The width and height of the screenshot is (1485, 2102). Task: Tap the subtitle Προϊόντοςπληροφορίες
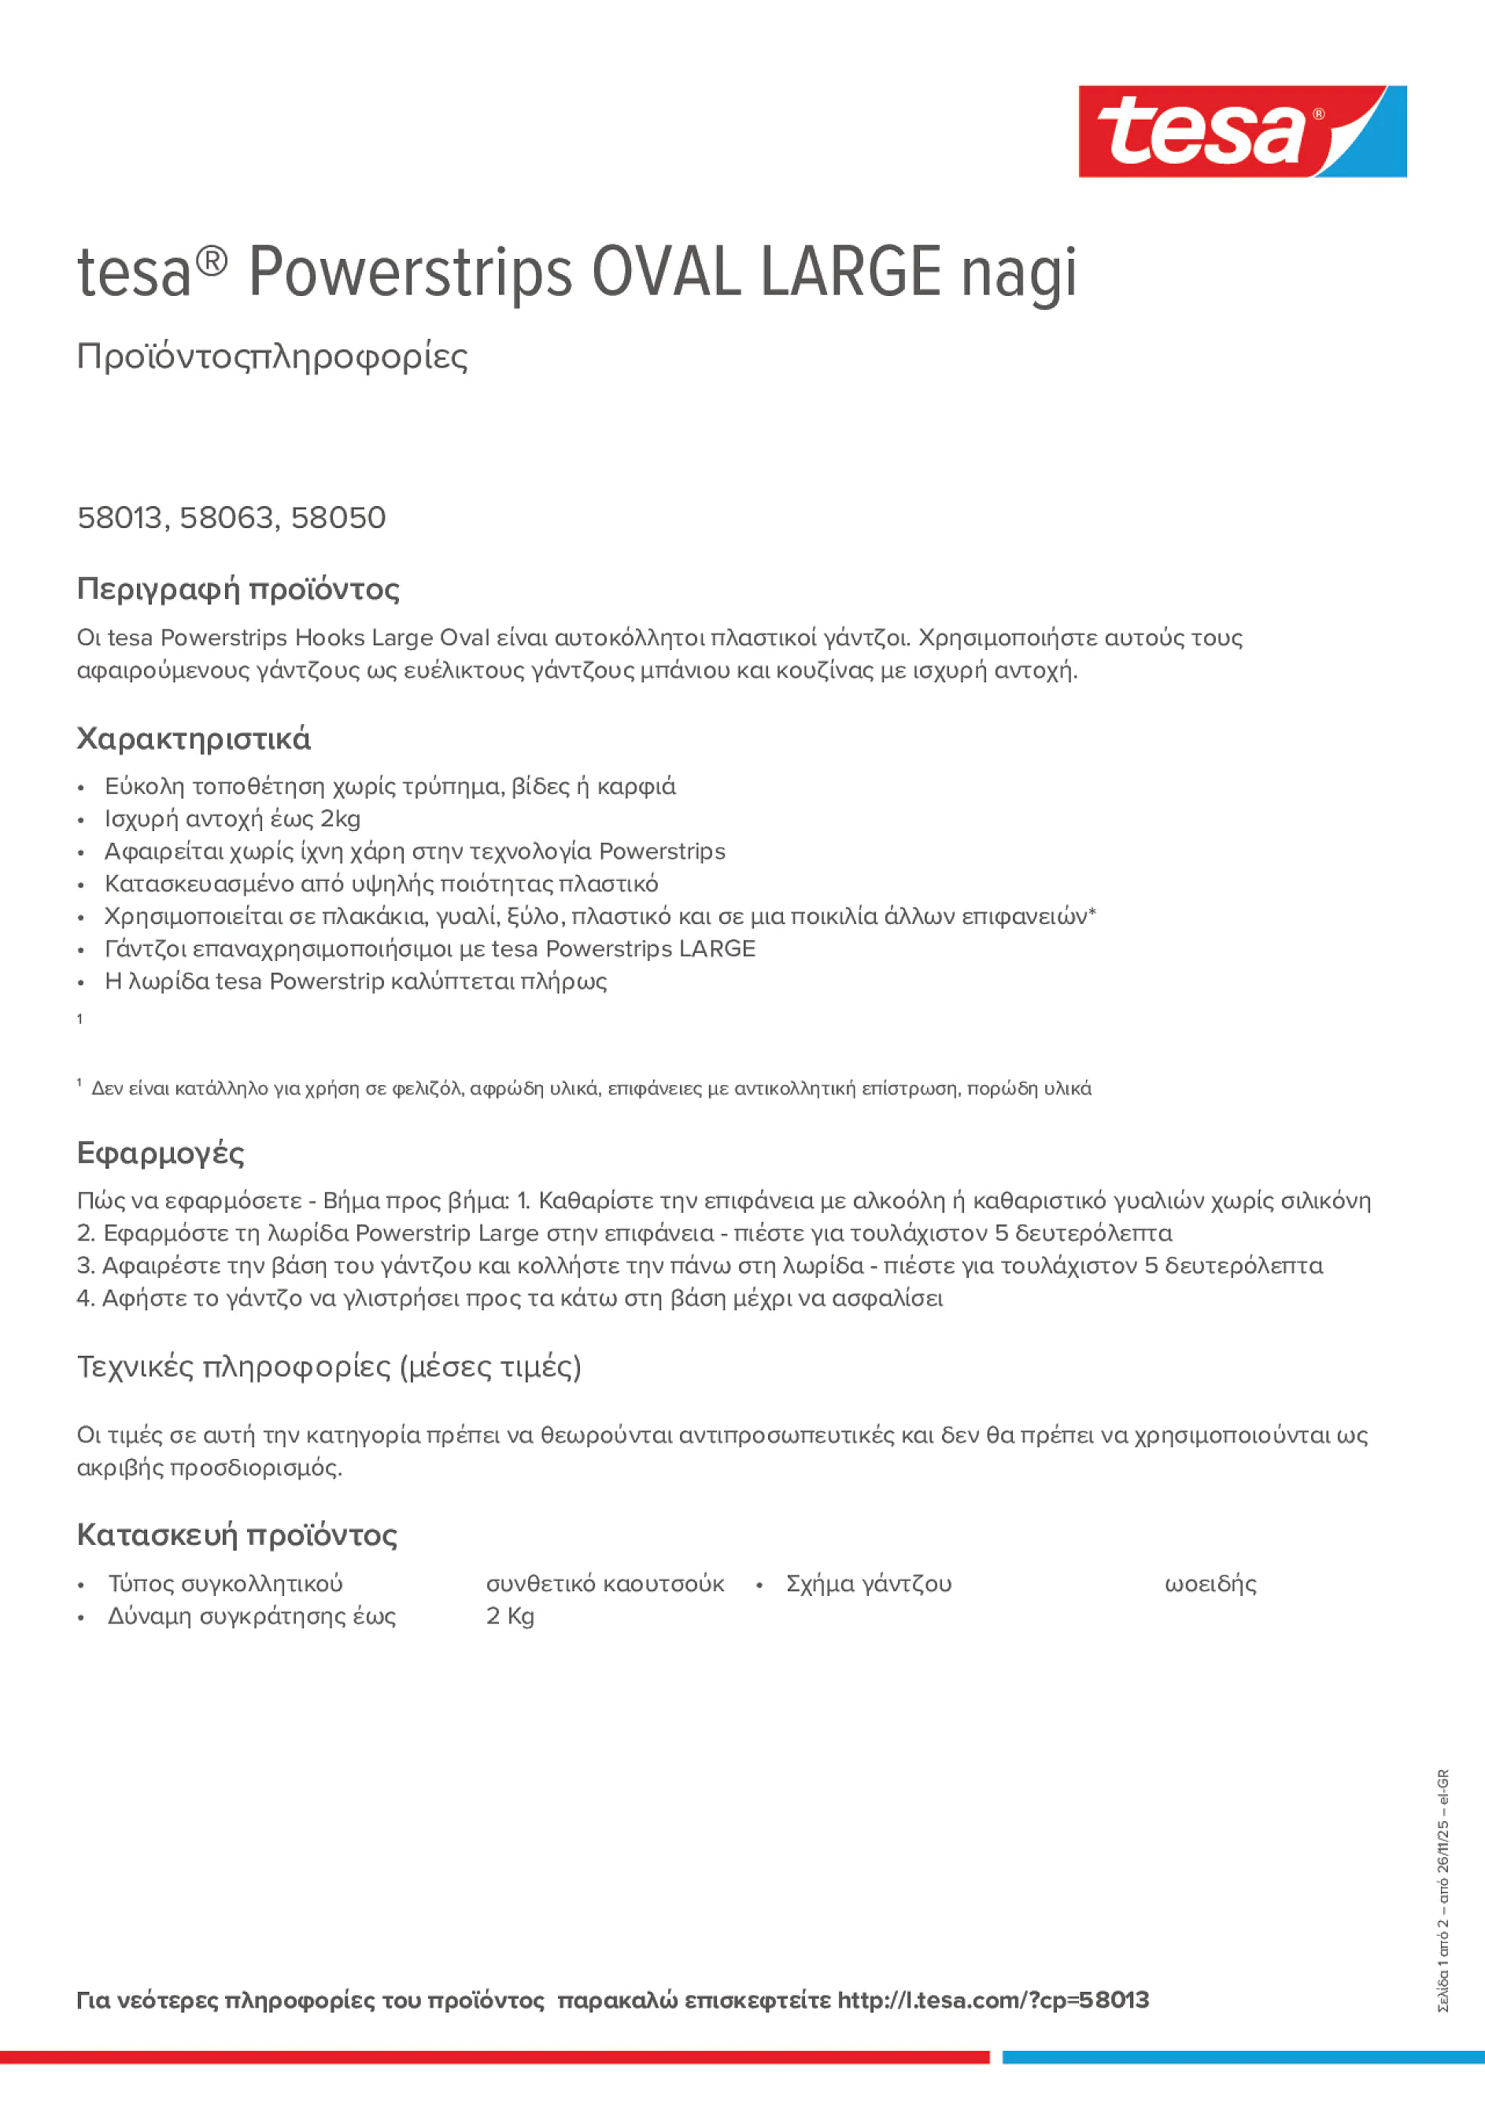272,357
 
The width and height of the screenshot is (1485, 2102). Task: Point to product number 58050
338,518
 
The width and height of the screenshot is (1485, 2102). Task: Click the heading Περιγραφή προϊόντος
238,589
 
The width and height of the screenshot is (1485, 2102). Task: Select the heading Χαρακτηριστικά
193,739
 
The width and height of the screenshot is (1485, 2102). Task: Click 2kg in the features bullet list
340,818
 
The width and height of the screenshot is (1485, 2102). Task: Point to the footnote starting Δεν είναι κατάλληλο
590,1088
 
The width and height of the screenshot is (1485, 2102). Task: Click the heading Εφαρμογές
161,1153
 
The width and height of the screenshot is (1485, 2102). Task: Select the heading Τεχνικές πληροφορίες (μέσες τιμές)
329,1367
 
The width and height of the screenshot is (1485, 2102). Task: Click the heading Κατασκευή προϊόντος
237,1535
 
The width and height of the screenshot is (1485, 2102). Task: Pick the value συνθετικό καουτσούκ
604,1584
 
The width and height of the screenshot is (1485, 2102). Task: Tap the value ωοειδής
1210,1584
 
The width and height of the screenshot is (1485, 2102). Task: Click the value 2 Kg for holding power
510,1616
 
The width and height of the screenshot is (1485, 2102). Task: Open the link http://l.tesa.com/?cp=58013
992,2000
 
